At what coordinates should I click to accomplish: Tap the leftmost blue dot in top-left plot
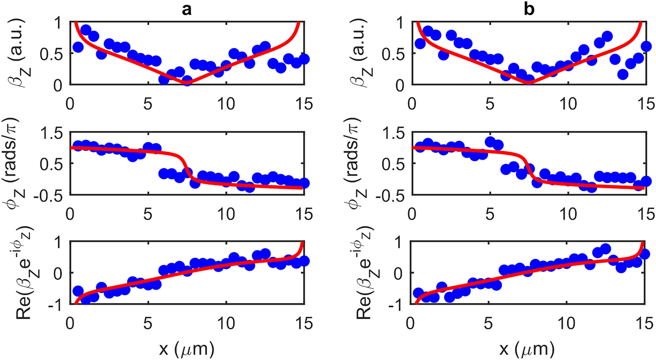click(78, 47)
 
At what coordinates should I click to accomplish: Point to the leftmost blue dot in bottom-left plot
click(78, 291)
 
